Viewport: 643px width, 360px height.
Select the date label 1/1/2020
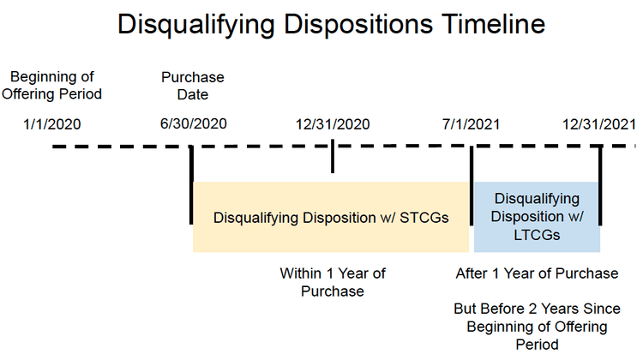pyautogui.click(x=52, y=124)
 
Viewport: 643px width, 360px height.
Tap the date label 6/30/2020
pyautogui.click(x=194, y=124)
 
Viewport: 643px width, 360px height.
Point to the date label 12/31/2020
pyautogui.click(x=333, y=124)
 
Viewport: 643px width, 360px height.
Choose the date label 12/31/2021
pyautogui.click(x=599, y=124)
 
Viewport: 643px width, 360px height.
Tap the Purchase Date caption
pyautogui.click(x=193, y=85)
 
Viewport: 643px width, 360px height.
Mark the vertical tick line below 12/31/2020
pyautogui.click(x=332, y=159)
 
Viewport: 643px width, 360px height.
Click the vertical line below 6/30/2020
pyautogui.click(x=191, y=184)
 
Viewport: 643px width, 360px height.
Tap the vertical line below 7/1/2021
pyautogui.click(x=471, y=197)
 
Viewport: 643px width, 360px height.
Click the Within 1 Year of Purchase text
pyautogui.click(x=333, y=282)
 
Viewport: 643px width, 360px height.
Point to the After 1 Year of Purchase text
pyautogui.click(x=537, y=273)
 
